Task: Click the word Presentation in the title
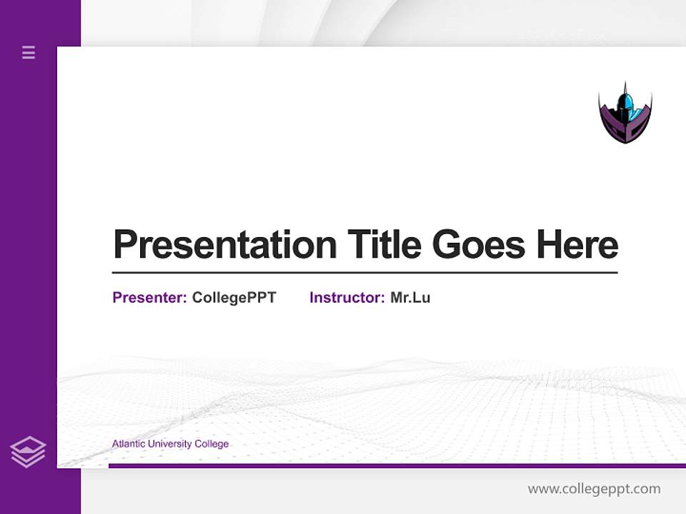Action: tap(225, 245)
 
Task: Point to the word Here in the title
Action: tap(577, 245)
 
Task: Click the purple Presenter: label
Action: tap(149, 298)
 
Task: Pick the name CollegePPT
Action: tap(234, 298)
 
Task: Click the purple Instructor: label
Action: tap(347, 298)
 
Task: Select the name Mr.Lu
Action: tap(410, 298)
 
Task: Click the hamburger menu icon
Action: tap(29, 52)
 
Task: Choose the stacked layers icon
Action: tap(28, 452)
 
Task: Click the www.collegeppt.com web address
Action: tap(594, 489)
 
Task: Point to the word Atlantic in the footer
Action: tap(128, 444)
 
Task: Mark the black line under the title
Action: tap(364, 273)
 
